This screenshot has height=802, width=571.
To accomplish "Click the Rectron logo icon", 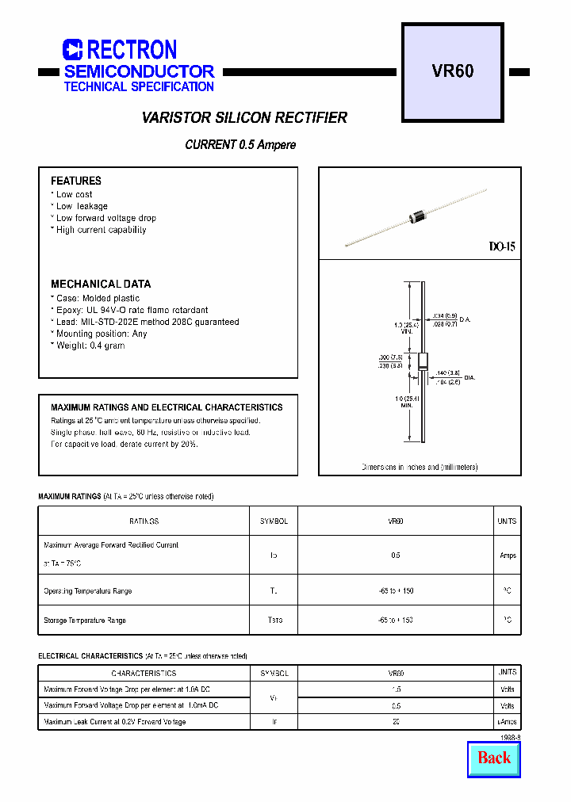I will (72, 50).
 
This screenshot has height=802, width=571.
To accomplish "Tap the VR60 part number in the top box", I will (453, 71).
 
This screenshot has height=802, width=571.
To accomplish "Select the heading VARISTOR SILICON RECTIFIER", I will (244, 118).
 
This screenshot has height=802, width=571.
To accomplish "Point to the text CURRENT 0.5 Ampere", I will (240, 145).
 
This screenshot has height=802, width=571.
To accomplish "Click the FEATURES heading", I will (76, 181).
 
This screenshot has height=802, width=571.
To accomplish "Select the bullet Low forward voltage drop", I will (105, 218).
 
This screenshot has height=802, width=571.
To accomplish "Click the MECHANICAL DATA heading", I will (101, 284).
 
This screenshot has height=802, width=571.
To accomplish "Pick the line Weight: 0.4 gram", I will (90, 346).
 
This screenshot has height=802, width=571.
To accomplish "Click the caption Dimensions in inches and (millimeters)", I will (420, 468).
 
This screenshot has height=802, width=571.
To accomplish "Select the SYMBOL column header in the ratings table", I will (274, 521).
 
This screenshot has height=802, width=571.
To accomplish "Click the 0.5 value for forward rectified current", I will (395, 556).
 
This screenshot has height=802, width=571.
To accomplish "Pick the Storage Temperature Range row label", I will (85, 621).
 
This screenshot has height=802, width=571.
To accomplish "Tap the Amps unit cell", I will (508, 556).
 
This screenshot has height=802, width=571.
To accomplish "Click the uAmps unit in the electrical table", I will (507, 722).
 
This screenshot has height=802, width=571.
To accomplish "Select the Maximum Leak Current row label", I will (115, 722).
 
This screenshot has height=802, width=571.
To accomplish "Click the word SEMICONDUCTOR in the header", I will (139, 71).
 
